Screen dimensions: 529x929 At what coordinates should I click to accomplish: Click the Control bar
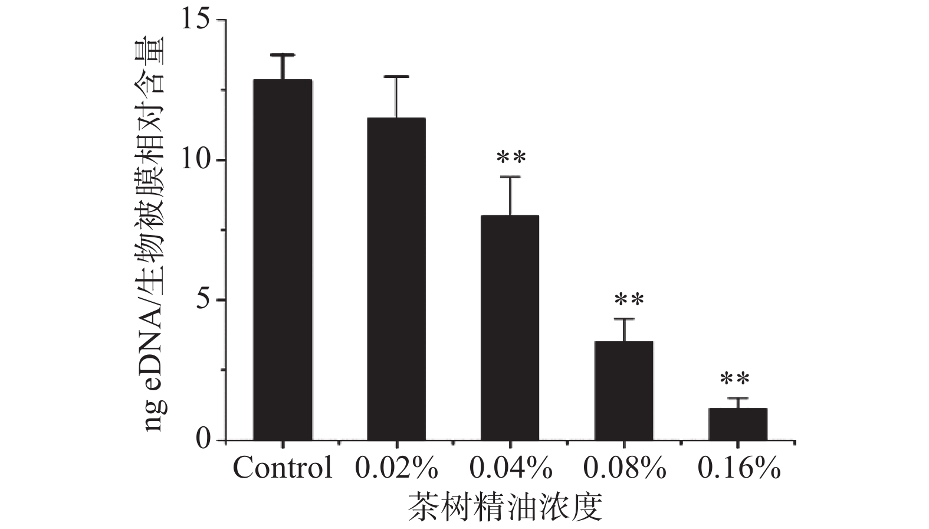pyautogui.click(x=283, y=260)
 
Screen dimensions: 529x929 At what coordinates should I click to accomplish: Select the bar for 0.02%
pyautogui.click(x=396, y=279)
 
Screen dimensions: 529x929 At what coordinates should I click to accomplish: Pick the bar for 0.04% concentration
pyautogui.click(x=510, y=328)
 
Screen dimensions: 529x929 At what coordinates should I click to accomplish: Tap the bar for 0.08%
pyautogui.click(x=623, y=390)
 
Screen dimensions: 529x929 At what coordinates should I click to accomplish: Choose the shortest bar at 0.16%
pyautogui.click(x=737, y=424)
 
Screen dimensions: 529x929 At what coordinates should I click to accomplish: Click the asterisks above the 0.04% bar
pyautogui.click(x=511, y=158)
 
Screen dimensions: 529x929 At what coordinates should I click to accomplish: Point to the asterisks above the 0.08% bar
pyautogui.click(x=629, y=300)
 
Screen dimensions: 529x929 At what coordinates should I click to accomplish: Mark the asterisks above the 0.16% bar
pyautogui.click(x=734, y=378)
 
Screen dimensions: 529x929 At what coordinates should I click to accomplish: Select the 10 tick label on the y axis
pyautogui.click(x=195, y=161)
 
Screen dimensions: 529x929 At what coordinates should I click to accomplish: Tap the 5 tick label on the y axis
pyautogui.click(x=203, y=301)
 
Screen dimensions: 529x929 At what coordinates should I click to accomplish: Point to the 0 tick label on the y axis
pyautogui.click(x=203, y=440)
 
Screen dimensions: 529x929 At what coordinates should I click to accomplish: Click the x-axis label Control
pyautogui.click(x=283, y=469)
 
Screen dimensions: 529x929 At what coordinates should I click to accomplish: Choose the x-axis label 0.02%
pyautogui.click(x=396, y=469)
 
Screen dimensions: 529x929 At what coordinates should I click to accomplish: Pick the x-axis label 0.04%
pyautogui.click(x=511, y=469)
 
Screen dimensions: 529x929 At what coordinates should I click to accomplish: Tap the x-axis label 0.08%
pyautogui.click(x=625, y=469)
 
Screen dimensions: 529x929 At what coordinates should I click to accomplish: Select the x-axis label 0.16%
pyautogui.click(x=738, y=469)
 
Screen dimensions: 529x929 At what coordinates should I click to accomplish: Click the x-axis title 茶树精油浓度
pyautogui.click(x=507, y=507)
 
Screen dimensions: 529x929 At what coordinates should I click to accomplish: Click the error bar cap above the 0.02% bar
pyautogui.click(x=396, y=77)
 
